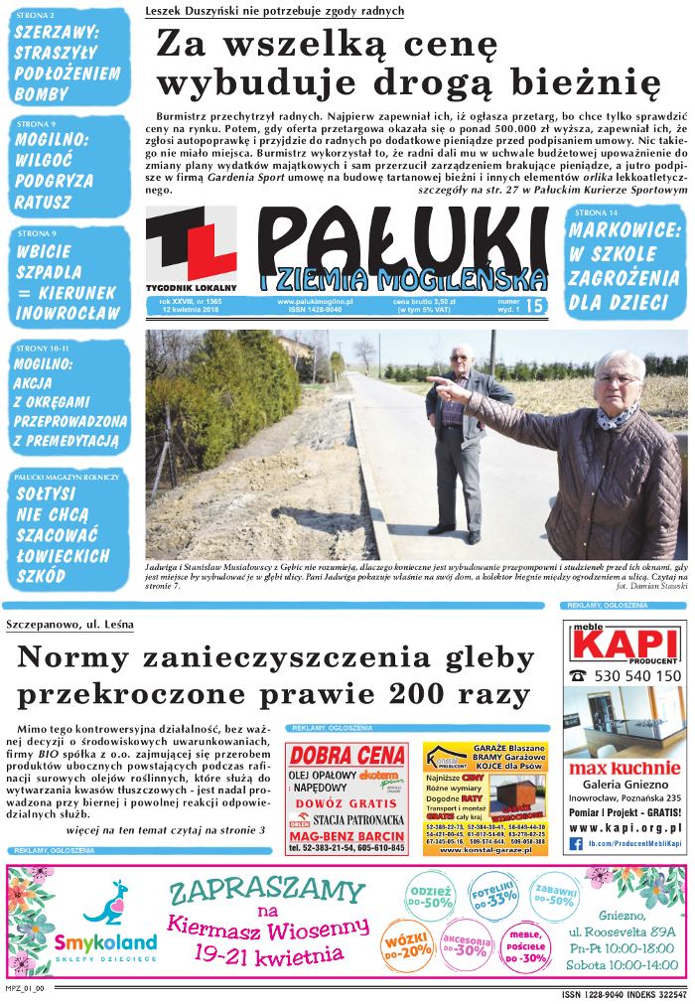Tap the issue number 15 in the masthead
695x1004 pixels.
tap(537, 307)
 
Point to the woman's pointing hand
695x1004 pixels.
tap(448, 391)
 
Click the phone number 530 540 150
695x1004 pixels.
tap(635, 676)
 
